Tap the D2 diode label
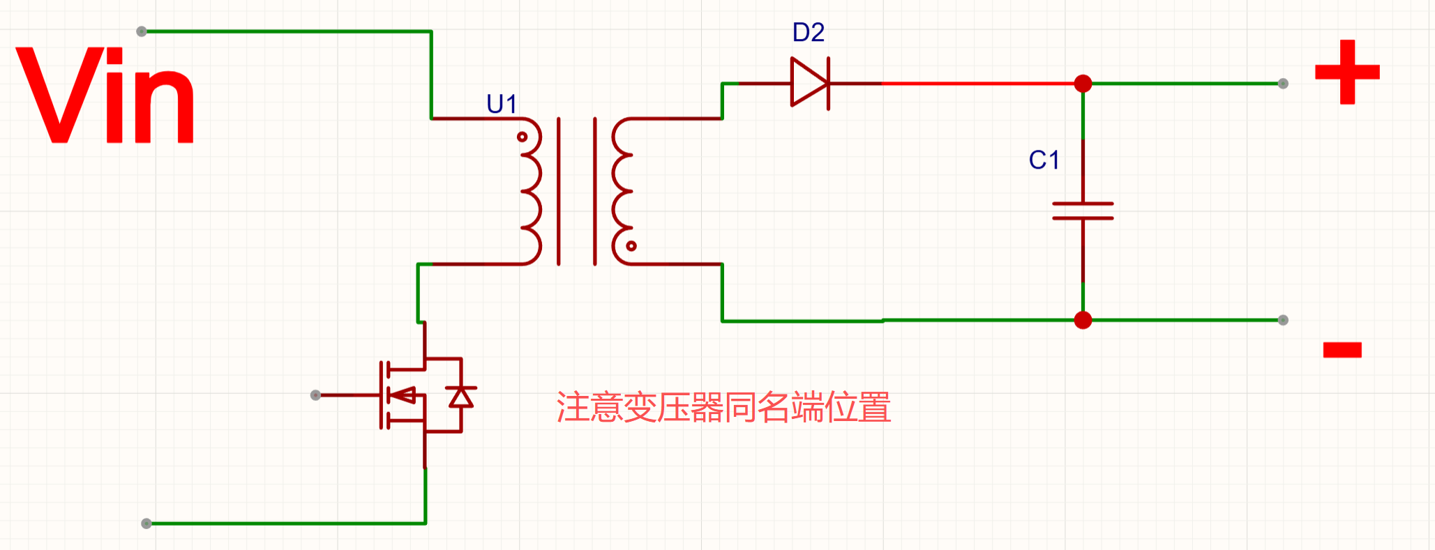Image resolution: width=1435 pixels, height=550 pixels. (809, 33)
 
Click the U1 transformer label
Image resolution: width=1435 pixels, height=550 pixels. (502, 105)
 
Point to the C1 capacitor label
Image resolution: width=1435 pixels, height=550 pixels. (1044, 160)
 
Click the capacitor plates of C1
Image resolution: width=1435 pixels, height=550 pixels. (1083, 211)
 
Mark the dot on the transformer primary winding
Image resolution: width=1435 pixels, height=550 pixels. (522, 137)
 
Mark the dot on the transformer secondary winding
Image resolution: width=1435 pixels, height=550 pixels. (631, 245)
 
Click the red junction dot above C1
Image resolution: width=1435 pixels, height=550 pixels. (1083, 84)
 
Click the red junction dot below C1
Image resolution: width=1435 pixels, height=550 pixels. (1083, 320)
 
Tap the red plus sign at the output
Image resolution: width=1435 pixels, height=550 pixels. (1347, 72)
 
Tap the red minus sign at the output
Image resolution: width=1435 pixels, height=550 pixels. (1342, 349)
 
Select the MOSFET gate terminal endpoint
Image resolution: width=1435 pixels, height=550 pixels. (315, 395)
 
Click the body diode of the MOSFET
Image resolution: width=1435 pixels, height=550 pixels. (460, 397)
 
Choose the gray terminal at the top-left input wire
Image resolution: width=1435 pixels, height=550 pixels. (142, 31)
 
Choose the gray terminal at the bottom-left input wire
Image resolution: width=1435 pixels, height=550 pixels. (146, 524)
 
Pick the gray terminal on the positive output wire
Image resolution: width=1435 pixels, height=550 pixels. (1283, 84)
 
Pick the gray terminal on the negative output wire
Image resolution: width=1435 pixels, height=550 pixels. (1283, 320)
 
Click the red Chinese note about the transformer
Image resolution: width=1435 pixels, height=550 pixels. (723, 408)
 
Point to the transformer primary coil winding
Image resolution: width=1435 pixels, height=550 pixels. (532, 192)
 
